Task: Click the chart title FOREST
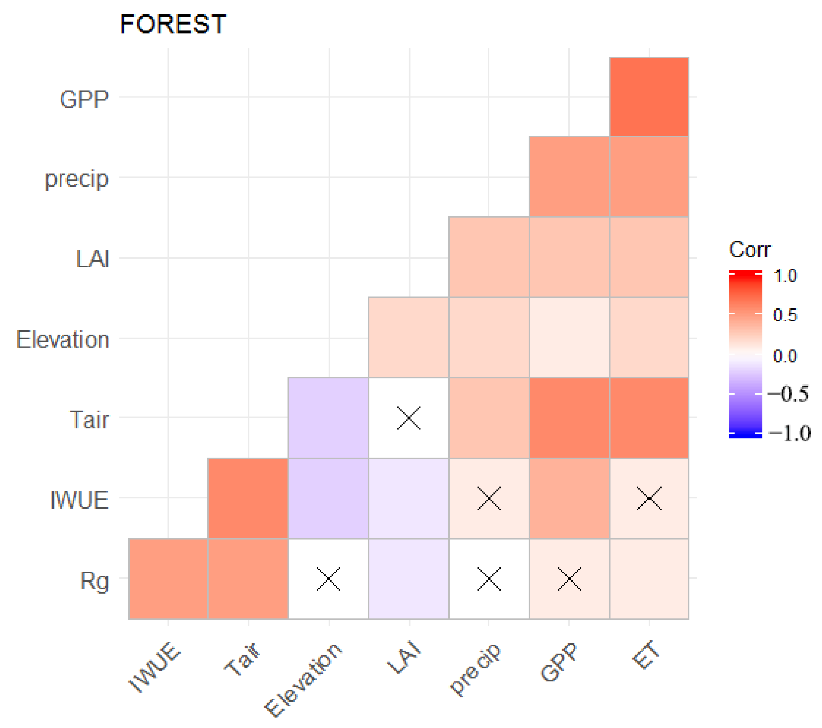[173, 24]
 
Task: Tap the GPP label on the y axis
[84, 100]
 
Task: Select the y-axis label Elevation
[63, 340]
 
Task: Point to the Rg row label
[94, 581]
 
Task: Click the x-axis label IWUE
[154, 667]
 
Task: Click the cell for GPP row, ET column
[649, 97]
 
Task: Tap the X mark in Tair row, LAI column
[408, 418]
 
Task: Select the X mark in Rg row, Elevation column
[328, 578]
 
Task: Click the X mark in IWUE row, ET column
[649, 498]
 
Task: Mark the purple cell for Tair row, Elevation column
[328, 418]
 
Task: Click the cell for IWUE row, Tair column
[248, 498]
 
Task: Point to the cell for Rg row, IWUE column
[168, 578]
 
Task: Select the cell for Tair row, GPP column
[569, 418]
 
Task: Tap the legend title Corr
[749, 250]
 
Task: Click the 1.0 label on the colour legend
[785, 276]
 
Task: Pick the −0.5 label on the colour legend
[788, 394]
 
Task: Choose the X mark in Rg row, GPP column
[569, 578]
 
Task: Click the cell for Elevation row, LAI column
[408, 337]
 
